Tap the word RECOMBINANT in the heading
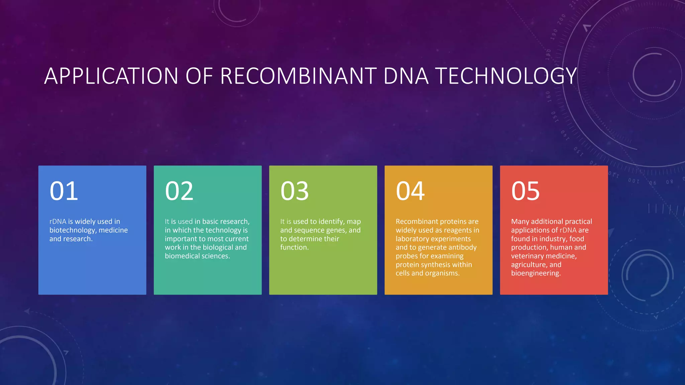tap(298, 76)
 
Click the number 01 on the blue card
tap(64, 191)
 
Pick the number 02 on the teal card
tap(179, 191)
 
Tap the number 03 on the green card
tap(295, 191)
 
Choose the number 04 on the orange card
tap(410, 191)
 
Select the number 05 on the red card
tap(525, 191)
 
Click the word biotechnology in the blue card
tap(73, 230)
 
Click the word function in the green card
tap(294, 247)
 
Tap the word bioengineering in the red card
tap(535, 273)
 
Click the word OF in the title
tap(199, 76)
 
